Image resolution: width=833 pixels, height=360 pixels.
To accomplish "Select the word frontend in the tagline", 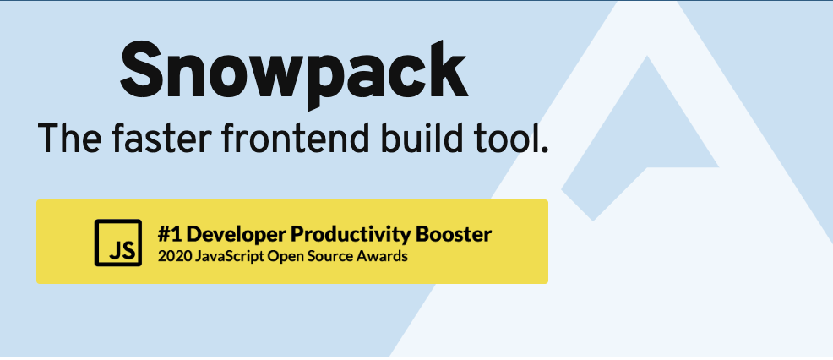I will tap(282, 137).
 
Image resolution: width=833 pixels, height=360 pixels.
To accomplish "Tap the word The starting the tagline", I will tap(68, 137).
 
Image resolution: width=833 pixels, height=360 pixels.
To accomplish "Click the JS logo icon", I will tap(118, 242).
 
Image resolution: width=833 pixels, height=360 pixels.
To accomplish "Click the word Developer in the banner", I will tap(232, 233).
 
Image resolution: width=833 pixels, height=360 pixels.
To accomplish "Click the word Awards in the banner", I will tap(384, 255).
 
